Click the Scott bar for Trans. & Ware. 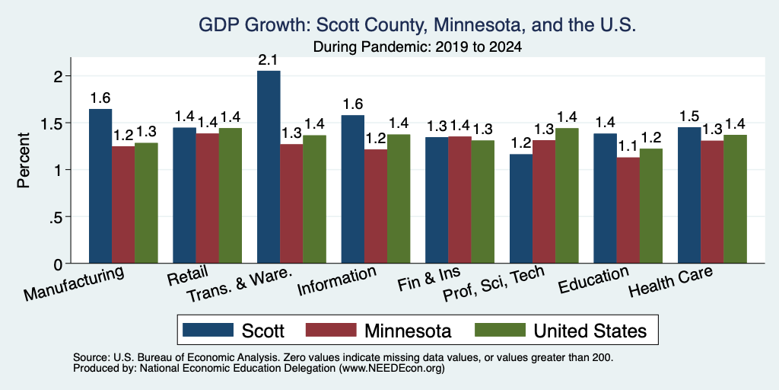point(269,167)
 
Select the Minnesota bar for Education point(628,210)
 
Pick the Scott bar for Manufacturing point(100,186)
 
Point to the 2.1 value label point(269,60)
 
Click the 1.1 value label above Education point(628,147)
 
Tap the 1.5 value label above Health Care point(689,117)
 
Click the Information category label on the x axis point(337,281)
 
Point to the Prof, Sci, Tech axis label point(494,284)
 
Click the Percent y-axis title point(24,160)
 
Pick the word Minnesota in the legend point(408,331)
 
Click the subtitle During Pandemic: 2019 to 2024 point(418,47)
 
